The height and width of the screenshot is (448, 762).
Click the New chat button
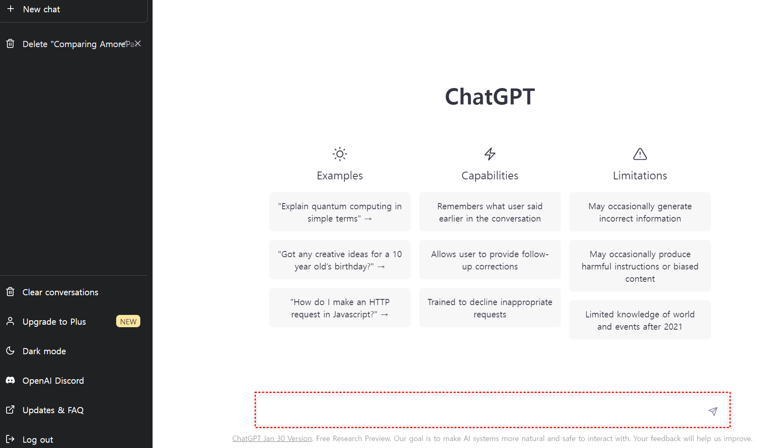74,9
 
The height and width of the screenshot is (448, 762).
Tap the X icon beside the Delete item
138,43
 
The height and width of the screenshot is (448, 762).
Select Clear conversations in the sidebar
60,292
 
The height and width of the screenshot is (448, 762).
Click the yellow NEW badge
128,321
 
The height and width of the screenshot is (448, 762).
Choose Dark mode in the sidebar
44,351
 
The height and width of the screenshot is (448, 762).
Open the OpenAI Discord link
53,381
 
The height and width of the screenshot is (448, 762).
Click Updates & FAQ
53,410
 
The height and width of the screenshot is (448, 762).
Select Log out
38,440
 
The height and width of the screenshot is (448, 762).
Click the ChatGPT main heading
490,97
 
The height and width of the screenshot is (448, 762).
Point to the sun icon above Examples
340,154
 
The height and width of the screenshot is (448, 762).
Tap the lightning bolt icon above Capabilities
490,154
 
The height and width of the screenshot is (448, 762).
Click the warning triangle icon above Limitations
640,154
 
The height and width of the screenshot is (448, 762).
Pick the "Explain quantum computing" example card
340,212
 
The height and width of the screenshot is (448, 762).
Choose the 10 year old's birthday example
340,260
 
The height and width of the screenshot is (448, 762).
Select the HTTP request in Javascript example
340,308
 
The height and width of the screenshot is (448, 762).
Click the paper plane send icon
713,411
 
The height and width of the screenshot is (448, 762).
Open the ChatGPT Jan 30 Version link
272,439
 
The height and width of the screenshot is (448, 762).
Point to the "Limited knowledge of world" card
640,320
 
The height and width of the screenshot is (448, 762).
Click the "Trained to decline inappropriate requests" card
490,308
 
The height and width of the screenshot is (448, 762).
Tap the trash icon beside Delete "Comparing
11,43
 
